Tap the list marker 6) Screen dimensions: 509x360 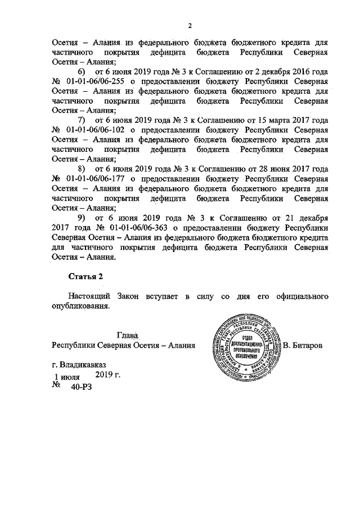click(x=82, y=73)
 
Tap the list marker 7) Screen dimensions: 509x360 click(x=82, y=120)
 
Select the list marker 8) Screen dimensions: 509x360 click(x=82, y=168)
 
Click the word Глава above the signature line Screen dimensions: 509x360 click(x=128, y=335)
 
